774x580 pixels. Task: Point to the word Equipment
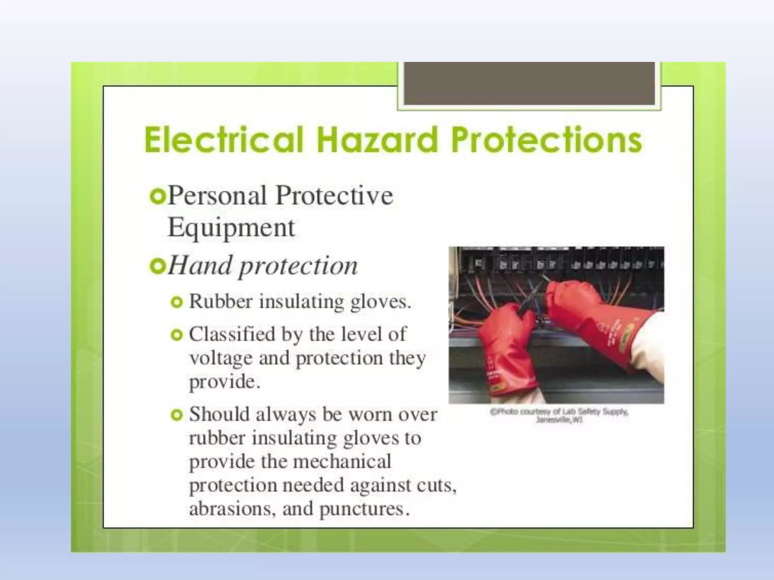[x=231, y=228]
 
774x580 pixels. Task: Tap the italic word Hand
[x=200, y=265]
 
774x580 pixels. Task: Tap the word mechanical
[x=342, y=462]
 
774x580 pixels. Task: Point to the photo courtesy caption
[x=559, y=415]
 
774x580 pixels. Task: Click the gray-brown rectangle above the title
[x=529, y=83]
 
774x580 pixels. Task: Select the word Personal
[x=217, y=196]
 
